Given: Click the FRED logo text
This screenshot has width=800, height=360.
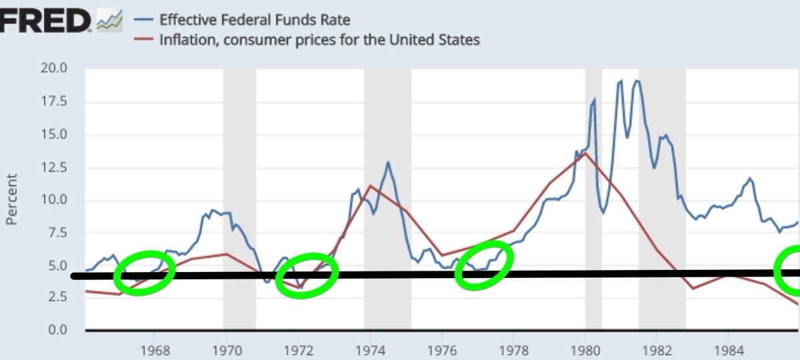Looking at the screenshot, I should [45, 21].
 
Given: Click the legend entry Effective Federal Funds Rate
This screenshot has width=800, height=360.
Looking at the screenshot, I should [254, 20].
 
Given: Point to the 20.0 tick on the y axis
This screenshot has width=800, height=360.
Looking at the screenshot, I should [54, 69].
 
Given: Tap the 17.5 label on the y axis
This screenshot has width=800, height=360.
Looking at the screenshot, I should [54, 101].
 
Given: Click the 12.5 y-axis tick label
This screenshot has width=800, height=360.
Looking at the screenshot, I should [54, 167].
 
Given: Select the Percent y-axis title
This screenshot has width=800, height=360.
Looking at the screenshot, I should [11, 200].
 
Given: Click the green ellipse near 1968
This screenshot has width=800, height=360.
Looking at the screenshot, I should [145, 273].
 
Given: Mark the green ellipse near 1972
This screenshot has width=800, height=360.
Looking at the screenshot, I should [307, 275].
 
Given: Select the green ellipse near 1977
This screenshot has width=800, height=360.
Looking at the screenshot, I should [485, 266].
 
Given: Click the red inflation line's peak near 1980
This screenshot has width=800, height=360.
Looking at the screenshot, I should [585, 153].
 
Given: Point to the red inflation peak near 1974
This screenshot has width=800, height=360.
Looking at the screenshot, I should [370, 185].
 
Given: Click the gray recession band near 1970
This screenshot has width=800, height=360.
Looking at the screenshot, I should [239, 200].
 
